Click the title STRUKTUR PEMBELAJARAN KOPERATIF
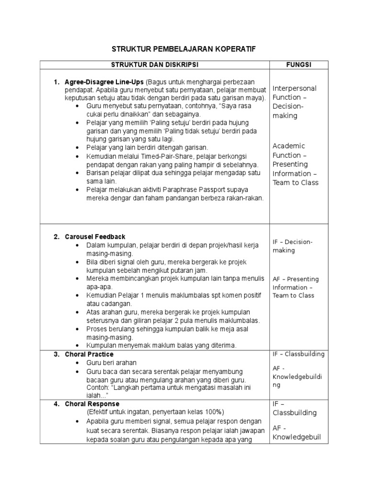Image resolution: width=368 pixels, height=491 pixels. [184, 49]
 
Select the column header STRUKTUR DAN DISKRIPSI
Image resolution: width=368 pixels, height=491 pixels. [154, 65]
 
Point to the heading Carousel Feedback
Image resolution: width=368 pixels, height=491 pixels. [95, 237]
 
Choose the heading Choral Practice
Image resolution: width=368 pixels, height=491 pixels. [89, 354]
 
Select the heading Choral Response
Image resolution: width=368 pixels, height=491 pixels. [92, 404]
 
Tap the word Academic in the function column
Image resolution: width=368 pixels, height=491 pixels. [288, 146]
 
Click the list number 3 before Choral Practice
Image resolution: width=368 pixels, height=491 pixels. [56, 354]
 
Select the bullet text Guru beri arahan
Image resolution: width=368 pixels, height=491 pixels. [111, 363]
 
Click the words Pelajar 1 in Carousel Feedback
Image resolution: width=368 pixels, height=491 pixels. [133, 295]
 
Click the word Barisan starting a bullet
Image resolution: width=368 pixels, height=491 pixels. [99, 173]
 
